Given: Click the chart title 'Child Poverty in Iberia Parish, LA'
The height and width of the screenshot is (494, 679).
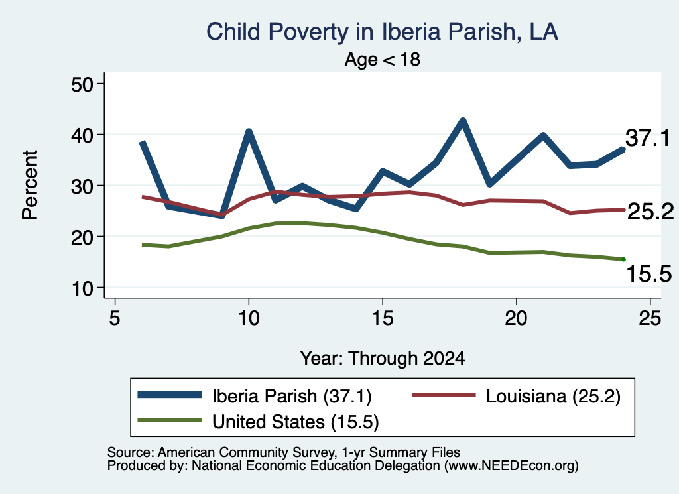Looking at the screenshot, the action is [382, 32].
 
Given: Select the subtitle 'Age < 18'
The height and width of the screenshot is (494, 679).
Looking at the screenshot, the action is [383, 59].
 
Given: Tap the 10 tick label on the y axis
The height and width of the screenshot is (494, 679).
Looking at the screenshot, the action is [82, 288].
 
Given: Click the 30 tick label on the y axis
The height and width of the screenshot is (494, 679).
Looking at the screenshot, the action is [82, 186].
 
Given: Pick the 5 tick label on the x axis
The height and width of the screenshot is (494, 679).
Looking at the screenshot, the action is [114, 318].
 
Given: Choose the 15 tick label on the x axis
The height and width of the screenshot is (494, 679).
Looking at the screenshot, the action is [383, 318].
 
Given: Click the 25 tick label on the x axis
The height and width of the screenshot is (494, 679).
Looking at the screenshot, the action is [650, 318].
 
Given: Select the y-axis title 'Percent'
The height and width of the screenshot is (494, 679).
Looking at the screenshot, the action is [31, 185].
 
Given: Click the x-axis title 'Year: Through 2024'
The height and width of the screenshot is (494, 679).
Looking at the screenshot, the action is [383, 359].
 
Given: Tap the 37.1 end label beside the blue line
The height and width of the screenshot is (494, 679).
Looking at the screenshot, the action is [647, 138].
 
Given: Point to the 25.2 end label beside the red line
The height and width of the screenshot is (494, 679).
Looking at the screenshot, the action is [650, 212].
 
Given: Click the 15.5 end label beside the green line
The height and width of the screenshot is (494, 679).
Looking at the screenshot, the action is [649, 274].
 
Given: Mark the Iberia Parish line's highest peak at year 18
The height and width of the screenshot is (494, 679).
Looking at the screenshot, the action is [463, 121].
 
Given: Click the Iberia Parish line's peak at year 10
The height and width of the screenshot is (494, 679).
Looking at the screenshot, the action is [249, 131].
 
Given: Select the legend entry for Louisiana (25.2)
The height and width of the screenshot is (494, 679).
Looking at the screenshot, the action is [516, 396].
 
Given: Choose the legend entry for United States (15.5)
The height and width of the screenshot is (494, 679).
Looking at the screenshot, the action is [258, 422].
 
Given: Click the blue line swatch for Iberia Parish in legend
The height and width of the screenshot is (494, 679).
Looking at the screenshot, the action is [169, 395].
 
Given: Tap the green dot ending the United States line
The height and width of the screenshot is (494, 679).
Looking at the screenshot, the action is [623, 259].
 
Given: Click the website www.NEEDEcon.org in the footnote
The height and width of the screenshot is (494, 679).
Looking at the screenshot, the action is [511, 466].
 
